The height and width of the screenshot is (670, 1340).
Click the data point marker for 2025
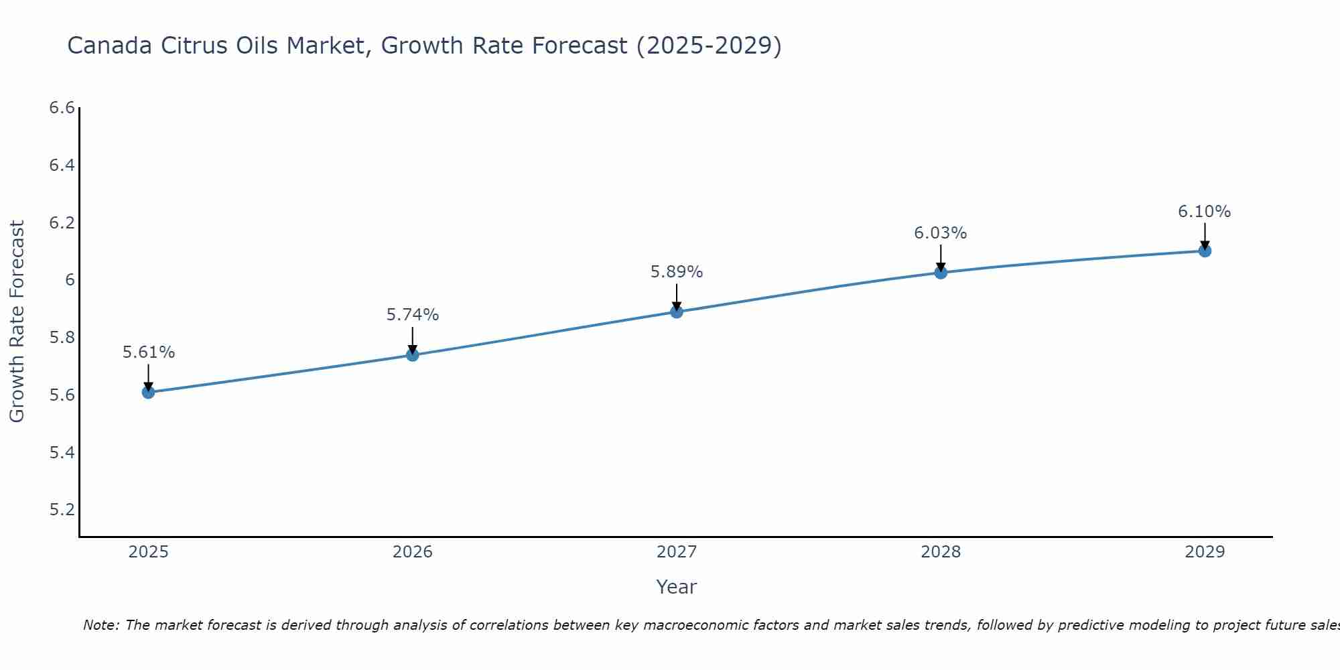click(x=148, y=392)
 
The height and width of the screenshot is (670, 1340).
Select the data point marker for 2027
click(x=677, y=312)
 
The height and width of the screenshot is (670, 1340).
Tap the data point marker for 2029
click(x=1205, y=251)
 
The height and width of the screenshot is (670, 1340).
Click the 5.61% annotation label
click(x=148, y=352)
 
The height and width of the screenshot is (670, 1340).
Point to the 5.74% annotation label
click(x=412, y=315)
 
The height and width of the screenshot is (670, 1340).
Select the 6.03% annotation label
click(x=940, y=233)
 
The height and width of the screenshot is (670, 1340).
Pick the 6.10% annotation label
click(x=1204, y=212)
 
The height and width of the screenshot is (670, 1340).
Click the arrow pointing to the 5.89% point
click(x=677, y=297)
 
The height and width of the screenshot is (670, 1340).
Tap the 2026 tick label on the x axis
click(x=412, y=552)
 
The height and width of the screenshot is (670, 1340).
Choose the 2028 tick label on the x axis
click(x=940, y=552)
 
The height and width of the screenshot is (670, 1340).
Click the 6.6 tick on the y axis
click(x=62, y=108)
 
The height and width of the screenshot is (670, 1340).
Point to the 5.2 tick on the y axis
click(x=62, y=510)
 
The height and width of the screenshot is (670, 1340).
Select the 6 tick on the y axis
click(x=70, y=280)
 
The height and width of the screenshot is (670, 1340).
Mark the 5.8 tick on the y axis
click(x=62, y=338)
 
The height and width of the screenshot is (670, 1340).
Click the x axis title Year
click(x=676, y=587)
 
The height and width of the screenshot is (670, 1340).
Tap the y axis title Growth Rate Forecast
click(x=17, y=321)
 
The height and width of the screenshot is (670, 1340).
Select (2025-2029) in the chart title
click(x=708, y=46)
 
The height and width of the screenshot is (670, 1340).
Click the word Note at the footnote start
click(x=100, y=625)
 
